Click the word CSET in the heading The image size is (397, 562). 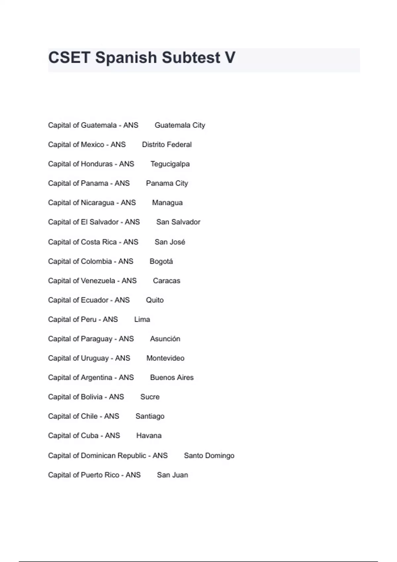pyautogui.click(x=69, y=58)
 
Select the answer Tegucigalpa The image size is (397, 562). pyautogui.click(x=170, y=164)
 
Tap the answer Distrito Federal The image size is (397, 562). pyautogui.click(x=167, y=144)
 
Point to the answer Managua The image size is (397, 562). pyautogui.click(x=167, y=203)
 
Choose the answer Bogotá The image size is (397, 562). pyautogui.click(x=161, y=261)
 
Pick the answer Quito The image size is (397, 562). pyautogui.click(x=155, y=300)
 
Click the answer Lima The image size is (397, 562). pyautogui.click(x=142, y=319)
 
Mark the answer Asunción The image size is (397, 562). pyautogui.click(x=165, y=339)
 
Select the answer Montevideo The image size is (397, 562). pyautogui.click(x=165, y=358)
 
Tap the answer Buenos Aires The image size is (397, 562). pyautogui.click(x=172, y=378)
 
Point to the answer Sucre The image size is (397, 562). pyautogui.click(x=150, y=397)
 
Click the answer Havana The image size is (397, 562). pyautogui.click(x=149, y=436)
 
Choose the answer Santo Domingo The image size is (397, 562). pyautogui.click(x=209, y=456)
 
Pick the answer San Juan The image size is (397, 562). pyautogui.click(x=172, y=475)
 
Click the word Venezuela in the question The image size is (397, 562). pyautogui.click(x=98, y=281)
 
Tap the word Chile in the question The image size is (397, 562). pyautogui.click(x=89, y=416)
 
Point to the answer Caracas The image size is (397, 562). pyautogui.click(x=166, y=281)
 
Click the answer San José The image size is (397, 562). pyautogui.click(x=170, y=242)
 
